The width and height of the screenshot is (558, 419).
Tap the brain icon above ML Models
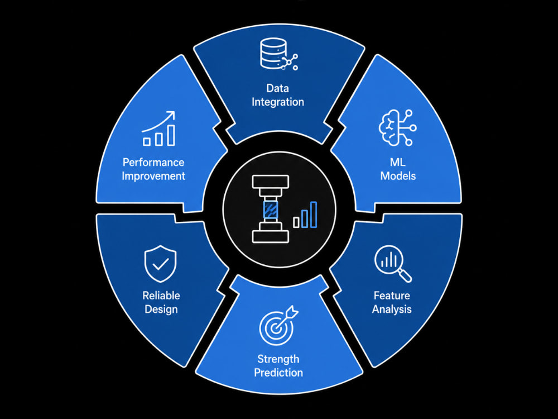397,127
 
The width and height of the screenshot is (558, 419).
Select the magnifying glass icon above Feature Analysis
392,264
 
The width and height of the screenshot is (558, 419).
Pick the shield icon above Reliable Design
161,264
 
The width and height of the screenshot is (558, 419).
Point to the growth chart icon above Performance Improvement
158,128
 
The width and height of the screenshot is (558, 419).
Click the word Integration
278,102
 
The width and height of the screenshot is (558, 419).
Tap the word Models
398,175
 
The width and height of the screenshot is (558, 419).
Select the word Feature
392,296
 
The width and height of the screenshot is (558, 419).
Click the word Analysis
392,309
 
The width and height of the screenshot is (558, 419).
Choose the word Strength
278,359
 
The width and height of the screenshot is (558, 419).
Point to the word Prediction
278,373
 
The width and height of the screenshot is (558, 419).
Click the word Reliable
161,296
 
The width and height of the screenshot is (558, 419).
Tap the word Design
161,309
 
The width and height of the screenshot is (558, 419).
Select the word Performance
153,163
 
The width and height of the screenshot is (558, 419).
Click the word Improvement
153,176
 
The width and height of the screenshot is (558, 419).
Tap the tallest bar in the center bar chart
314,215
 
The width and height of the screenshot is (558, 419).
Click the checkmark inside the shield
161,264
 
